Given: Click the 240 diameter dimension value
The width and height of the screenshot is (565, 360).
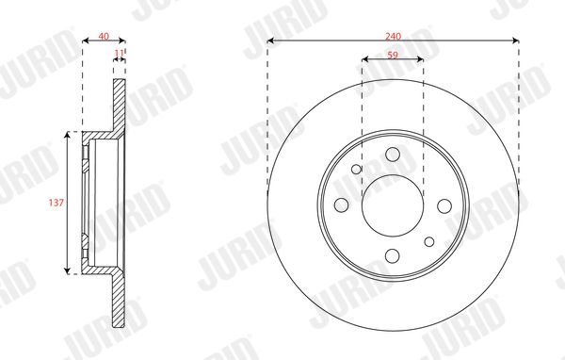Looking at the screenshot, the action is click(393, 37).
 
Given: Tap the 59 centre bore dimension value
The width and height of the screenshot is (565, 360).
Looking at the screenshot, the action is click(393, 56).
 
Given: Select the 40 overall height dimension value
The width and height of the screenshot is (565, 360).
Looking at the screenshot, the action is click(104, 36).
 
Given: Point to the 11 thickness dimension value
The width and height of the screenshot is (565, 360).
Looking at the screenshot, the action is click(119, 53).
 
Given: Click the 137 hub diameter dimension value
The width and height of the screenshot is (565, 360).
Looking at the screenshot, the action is click(56, 203).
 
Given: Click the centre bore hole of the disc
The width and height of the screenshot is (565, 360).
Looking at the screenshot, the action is click(393, 205).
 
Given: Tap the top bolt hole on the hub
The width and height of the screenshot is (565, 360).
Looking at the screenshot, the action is click(393, 155).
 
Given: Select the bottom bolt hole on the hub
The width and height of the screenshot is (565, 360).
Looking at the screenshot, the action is click(393, 256).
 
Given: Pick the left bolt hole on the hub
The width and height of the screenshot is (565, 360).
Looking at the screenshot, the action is click(341, 205).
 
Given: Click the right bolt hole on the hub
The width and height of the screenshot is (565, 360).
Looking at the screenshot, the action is click(444, 206).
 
